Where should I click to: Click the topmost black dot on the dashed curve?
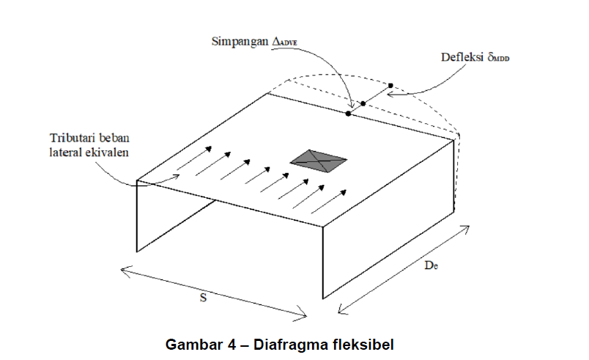(390, 86)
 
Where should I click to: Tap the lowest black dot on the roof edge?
(348, 114)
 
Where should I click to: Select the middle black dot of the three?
(363, 104)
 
